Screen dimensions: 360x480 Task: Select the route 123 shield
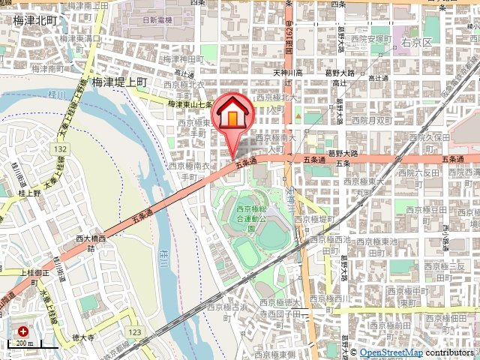click(x=134, y=331)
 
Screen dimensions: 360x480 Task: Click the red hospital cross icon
click(x=23, y=330)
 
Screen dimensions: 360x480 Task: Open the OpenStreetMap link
click(x=391, y=352)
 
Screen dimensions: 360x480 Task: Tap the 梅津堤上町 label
click(x=121, y=84)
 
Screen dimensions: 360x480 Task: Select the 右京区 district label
click(x=416, y=43)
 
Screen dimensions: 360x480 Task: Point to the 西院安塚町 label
click(x=372, y=38)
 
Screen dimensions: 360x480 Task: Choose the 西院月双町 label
click(x=371, y=119)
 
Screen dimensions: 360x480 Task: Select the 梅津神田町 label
click(x=184, y=58)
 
